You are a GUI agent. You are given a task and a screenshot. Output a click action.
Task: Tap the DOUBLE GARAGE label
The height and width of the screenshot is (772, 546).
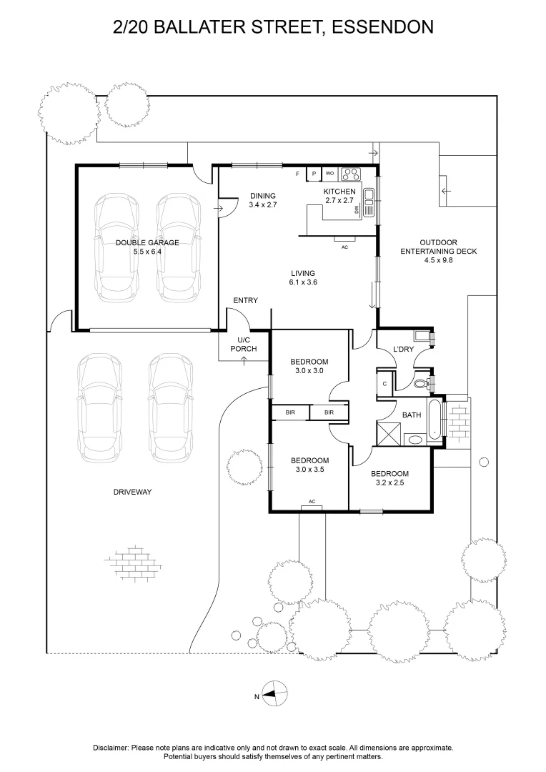(x=147, y=242)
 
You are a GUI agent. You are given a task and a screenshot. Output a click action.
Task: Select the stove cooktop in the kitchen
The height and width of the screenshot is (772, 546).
(x=352, y=174)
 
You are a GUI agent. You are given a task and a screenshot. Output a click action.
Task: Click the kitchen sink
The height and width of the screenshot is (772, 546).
(x=369, y=202)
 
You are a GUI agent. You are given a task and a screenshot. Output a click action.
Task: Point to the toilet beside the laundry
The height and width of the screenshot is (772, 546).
(x=422, y=383)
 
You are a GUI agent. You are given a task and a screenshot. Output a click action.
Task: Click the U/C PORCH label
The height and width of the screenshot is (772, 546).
(x=244, y=344)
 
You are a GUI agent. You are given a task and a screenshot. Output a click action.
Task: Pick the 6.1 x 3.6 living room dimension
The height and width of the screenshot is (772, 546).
(x=303, y=282)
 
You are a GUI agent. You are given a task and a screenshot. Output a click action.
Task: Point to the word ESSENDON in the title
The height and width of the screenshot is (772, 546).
(x=383, y=26)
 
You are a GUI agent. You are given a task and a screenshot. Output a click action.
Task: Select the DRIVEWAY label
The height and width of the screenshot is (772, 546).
(x=132, y=491)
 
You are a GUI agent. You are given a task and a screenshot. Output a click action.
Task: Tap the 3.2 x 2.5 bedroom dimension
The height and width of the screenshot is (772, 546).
(x=389, y=482)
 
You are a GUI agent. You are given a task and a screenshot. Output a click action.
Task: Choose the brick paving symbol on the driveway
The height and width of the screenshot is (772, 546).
(x=133, y=563)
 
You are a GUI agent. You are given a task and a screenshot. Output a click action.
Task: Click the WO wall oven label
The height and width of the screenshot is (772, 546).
(x=330, y=173)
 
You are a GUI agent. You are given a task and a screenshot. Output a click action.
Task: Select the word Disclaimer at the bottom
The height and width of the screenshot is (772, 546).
(x=111, y=748)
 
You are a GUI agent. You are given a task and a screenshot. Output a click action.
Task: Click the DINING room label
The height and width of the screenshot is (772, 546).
(x=263, y=195)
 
